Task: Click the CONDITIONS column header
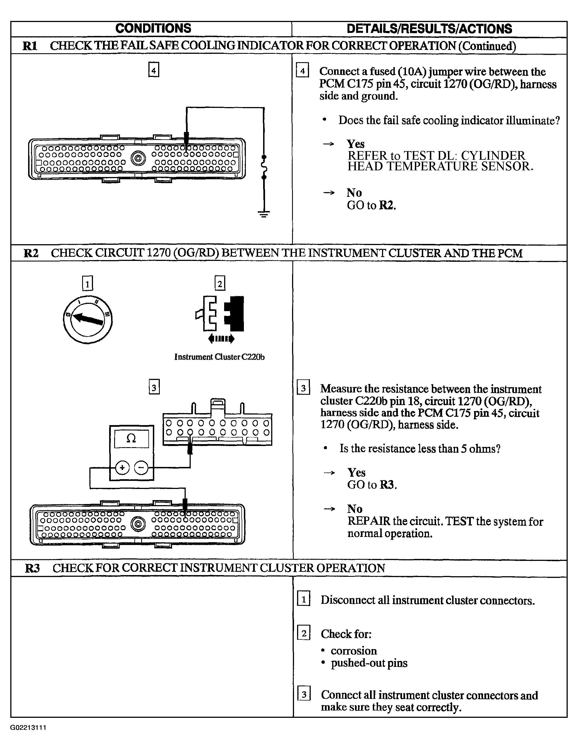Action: click(x=153, y=28)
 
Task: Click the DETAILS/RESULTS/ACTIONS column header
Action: click(x=429, y=28)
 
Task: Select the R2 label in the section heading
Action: click(x=31, y=253)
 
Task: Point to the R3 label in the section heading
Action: click(x=33, y=568)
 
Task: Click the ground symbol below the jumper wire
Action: click(x=264, y=214)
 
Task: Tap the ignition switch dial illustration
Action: click(x=88, y=319)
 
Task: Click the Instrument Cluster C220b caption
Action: click(x=219, y=357)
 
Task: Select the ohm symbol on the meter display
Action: click(x=131, y=438)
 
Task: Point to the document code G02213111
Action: click(x=28, y=728)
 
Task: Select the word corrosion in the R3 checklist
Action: click(x=354, y=651)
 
